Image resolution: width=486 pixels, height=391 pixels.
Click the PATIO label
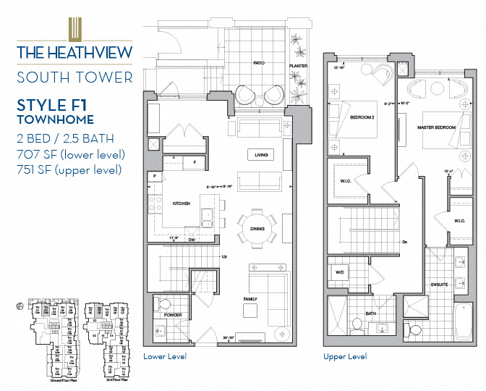pos(258,63)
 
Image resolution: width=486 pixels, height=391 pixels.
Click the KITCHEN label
pos(181,204)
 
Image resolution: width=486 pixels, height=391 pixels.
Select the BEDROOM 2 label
pos(362,117)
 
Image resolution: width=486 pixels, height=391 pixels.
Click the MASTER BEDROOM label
pos(436,127)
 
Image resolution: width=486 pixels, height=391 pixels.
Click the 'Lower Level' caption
pos(165,356)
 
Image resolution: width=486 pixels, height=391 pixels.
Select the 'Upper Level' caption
pos(344,356)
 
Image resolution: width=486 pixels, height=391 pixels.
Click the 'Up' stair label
pos(224,257)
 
